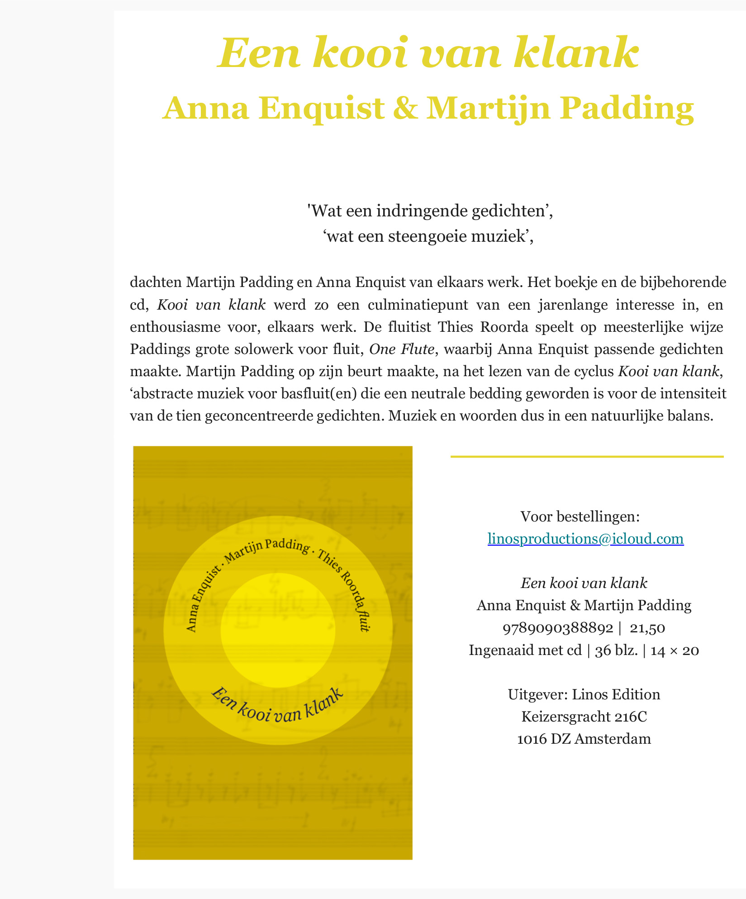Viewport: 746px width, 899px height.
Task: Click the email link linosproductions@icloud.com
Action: pyautogui.click(x=585, y=539)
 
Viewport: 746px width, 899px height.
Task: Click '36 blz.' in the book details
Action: pyautogui.click(x=617, y=650)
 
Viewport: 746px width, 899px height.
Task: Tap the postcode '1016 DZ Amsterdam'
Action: pyautogui.click(x=584, y=739)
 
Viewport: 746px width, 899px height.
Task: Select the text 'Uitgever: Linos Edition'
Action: pyautogui.click(x=584, y=694)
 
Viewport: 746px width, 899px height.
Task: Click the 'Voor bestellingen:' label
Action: pyautogui.click(x=580, y=516)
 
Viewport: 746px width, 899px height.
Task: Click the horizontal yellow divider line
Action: pyautogui.click(x=587, y=457)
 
